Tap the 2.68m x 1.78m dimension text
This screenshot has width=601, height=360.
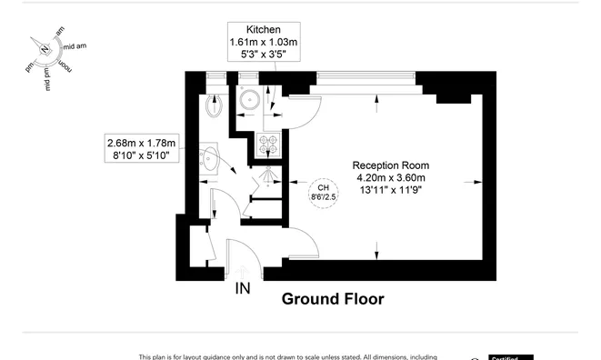click(141, 143)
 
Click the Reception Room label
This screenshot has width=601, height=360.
click(388, 165)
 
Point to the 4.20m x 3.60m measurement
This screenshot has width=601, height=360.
click(388, 177)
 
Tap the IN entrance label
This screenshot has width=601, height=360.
click(243, 290)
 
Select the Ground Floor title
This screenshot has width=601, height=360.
click(332, 298)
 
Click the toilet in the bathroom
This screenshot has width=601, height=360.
click(215, 104)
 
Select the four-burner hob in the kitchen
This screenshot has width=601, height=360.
click(270, 143)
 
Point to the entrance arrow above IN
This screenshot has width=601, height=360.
click(243, 270)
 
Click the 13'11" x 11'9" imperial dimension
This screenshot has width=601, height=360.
click(388, 190)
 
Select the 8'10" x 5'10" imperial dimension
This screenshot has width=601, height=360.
click(141, 155)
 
